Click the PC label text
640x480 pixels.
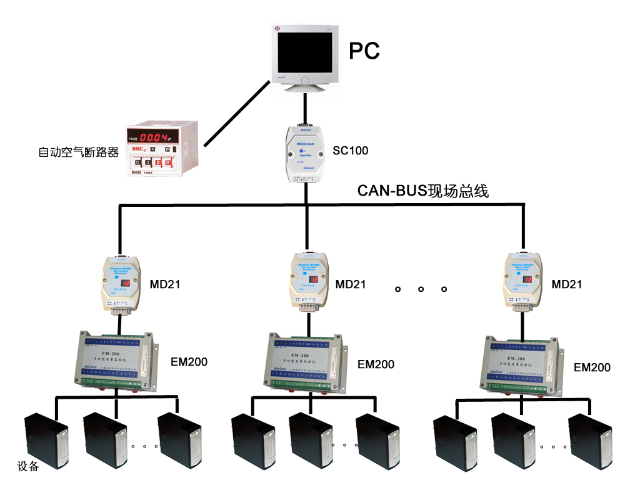364,51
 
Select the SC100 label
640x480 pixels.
351,151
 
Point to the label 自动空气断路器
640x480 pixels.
78,152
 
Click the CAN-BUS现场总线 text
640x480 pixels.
422,191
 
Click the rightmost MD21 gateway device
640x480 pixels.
522,281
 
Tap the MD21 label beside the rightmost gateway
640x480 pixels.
567,284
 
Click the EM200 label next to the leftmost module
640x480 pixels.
189,362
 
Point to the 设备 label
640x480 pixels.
29,466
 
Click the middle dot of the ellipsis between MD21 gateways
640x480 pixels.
421,289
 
